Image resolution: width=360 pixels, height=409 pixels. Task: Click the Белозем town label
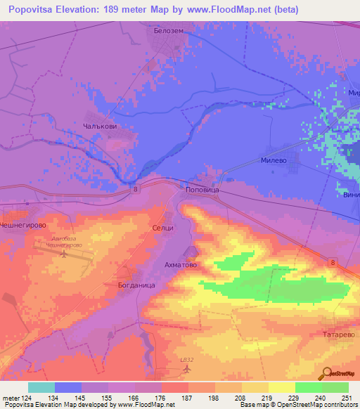point(168,32)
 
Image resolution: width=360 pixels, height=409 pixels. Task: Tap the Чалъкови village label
point(98,126)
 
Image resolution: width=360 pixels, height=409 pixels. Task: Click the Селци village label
point(162,228)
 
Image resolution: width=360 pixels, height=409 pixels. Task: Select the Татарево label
point(337,335)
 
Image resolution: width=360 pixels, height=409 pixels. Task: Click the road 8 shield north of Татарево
point(333,261)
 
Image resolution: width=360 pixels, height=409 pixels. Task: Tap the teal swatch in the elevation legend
point(41,387)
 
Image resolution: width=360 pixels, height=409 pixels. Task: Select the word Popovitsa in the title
point(30,10)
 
